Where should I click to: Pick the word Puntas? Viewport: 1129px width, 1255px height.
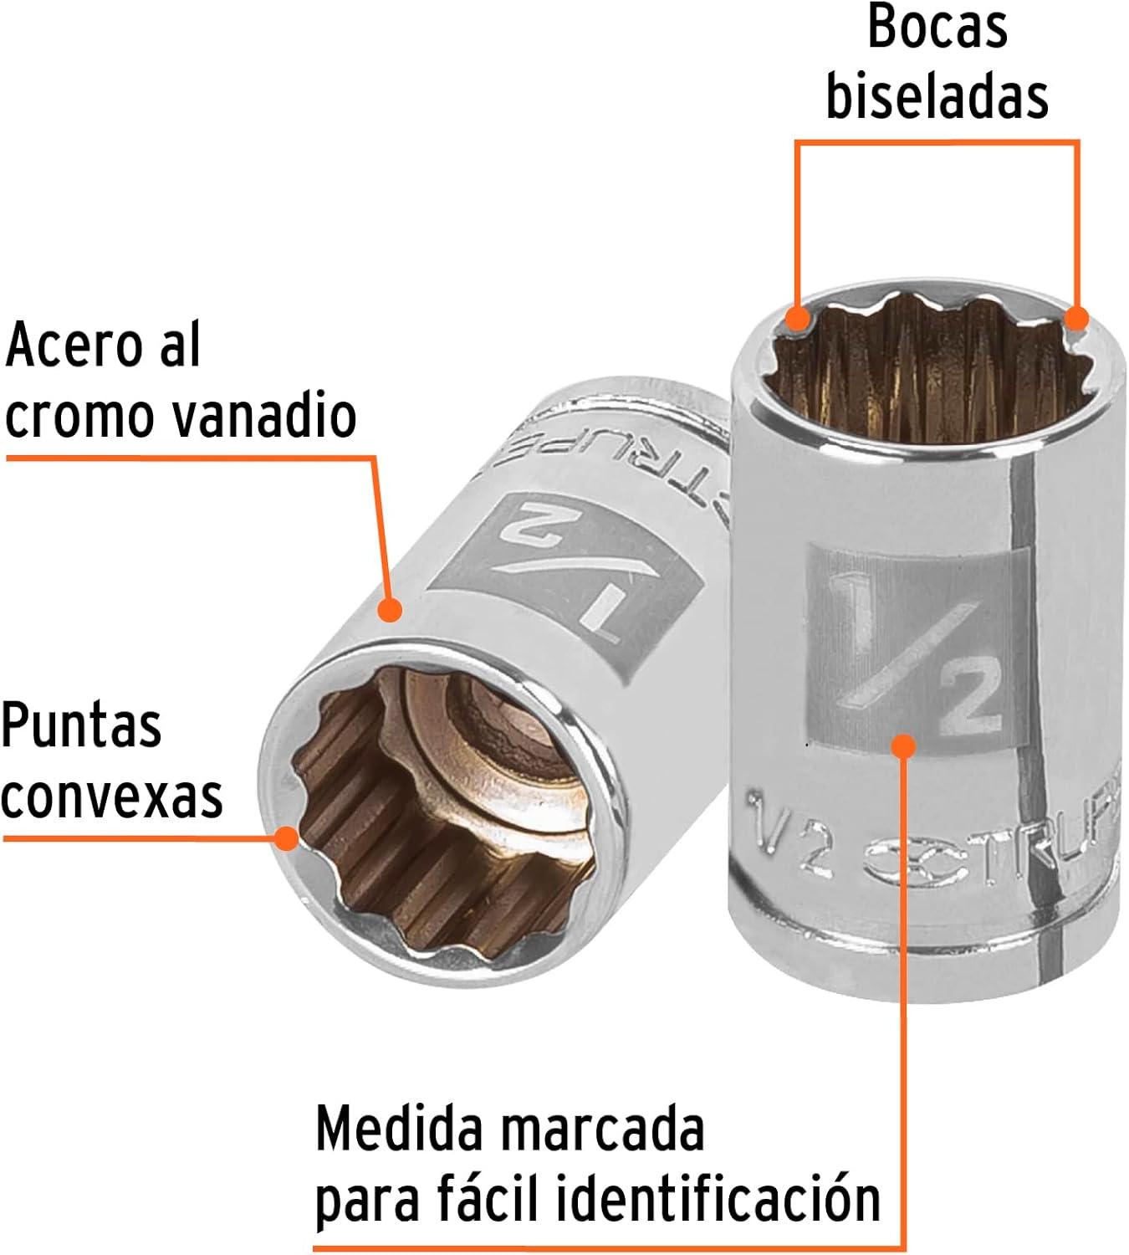(x=81, y=725)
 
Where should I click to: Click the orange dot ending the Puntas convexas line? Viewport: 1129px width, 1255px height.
(x=287, y=838)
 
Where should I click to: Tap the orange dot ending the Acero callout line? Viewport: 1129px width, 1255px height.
(x=390, y=609)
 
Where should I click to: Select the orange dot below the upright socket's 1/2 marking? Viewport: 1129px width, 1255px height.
(x=903, y=746)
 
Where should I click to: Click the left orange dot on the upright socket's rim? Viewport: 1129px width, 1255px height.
(x=798, y=318)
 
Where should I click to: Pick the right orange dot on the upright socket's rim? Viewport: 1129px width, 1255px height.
(x=1076, y=319)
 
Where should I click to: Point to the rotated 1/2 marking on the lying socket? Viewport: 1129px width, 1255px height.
(x=563, y=572)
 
